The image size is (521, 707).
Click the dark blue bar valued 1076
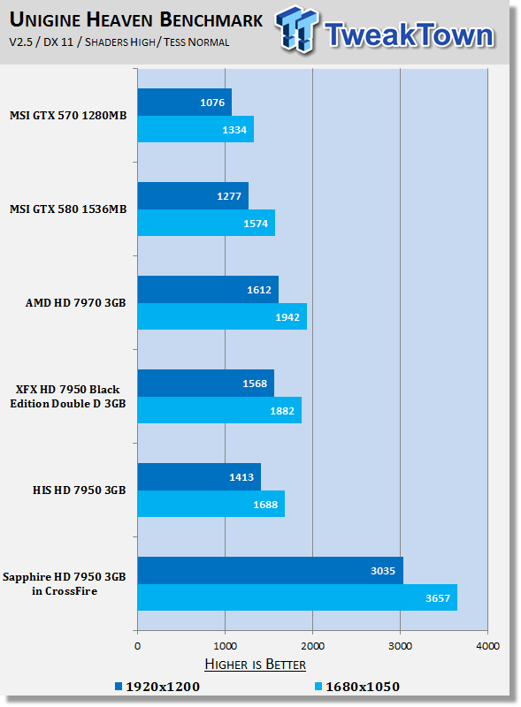click(x=184, y=102)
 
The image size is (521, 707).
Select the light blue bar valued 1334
click(x=195, y=129)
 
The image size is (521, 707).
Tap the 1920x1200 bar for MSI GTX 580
click(x=193, y=195)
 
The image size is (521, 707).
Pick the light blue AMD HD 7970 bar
click(x=222, y=316)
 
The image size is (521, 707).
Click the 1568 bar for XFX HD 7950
click(x=205, y=383)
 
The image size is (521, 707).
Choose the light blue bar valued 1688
click(x=211, y=504)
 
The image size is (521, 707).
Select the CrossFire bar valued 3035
click(x=270, y=570)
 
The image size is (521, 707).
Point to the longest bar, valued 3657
click(x=297, y=597)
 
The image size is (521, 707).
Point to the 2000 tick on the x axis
click(x=312, y=646)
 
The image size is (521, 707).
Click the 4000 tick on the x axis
click(x=487, y=646)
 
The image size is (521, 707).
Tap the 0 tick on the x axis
click(x=137, y=646)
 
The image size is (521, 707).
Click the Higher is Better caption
click(x=256, y=664)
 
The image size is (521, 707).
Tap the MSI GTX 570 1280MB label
click(x=69, y=115)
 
